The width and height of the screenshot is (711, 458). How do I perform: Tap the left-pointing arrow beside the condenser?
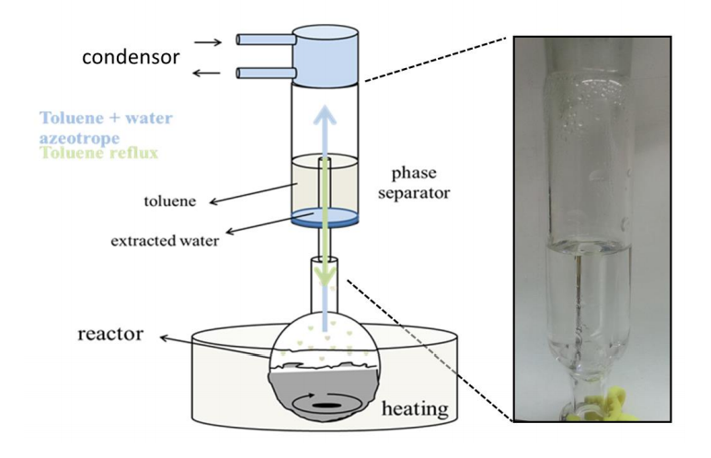(209, 73)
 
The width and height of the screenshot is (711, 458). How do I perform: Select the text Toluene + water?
(107, 119)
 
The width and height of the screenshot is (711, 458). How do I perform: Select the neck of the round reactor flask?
(323, 294)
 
